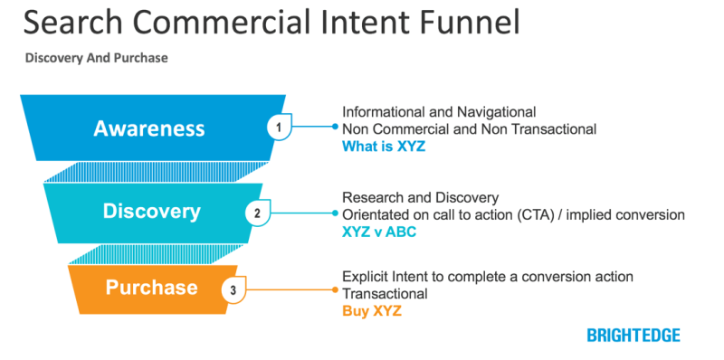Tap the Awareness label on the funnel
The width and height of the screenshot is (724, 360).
point(149,128)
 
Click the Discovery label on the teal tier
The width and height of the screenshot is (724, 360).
point(151,212)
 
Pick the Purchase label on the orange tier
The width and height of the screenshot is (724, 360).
point(151,288)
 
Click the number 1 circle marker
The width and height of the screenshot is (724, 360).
point(280,128)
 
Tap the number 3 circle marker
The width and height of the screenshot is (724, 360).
point(233,291)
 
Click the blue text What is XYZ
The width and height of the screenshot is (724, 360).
point(383,146)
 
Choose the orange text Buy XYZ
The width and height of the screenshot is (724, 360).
point(371,309)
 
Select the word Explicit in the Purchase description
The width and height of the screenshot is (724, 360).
point(364,275)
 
